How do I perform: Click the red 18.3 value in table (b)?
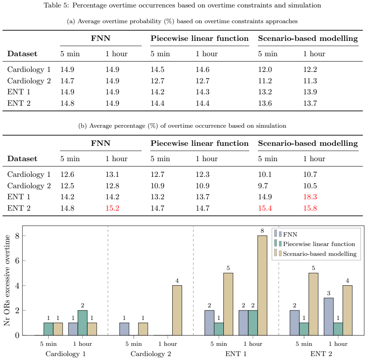coord(310,197)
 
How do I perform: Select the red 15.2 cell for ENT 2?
coord(112,208)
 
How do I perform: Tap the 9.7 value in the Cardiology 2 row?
coord(263,186)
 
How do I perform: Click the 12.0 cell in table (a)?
coord(265,70)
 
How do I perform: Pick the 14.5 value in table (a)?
coord(157,70)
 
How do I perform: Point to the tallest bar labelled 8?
coord(262,285)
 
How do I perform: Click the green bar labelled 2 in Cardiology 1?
coord(82,323)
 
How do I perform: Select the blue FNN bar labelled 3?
coord(328,317)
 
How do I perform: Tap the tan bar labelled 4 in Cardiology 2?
coord(177,310)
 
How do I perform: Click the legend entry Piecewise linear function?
coord(315,244)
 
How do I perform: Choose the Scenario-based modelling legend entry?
coord(315,254)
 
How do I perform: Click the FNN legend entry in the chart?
coord(286,234)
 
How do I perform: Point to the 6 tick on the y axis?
coord(17,261)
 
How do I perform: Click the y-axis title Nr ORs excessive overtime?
coord(7,281)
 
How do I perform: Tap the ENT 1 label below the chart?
coord(236,354)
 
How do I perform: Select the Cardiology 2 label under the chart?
coord(151,354)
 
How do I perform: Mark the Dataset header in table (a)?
coord(22,54)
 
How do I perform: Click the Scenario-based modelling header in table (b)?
coord(308,143)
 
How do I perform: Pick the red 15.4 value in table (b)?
coord(265,208)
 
